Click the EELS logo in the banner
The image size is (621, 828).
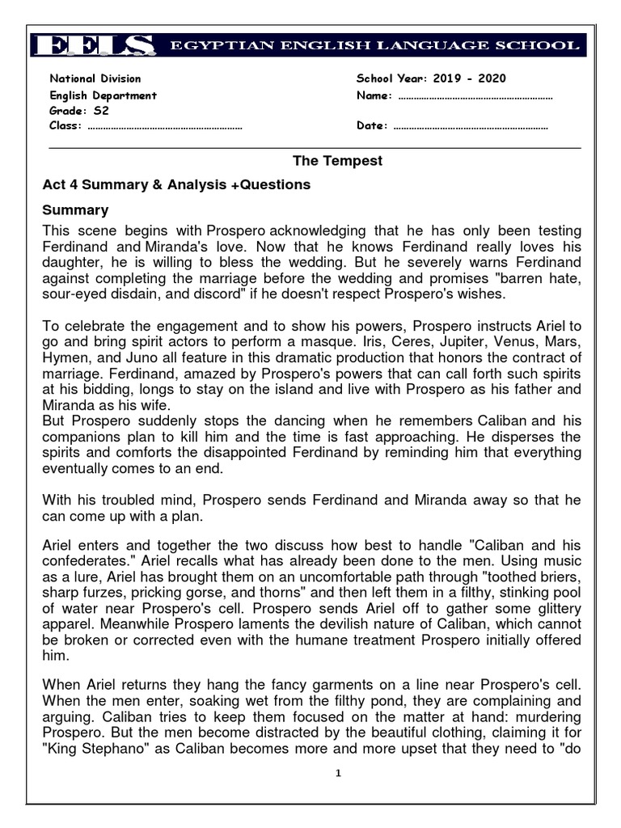click(x=95, y=45)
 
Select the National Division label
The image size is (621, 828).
click(x=95, y=78)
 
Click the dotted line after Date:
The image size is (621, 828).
click(x=470, y=126)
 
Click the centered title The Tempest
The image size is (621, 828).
click(x=337, y=161)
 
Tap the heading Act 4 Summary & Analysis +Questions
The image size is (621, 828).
click(x=176, y=185)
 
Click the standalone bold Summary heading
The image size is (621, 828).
click(x=75, y=210)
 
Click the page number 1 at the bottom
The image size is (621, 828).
click(x=338, y=773)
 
